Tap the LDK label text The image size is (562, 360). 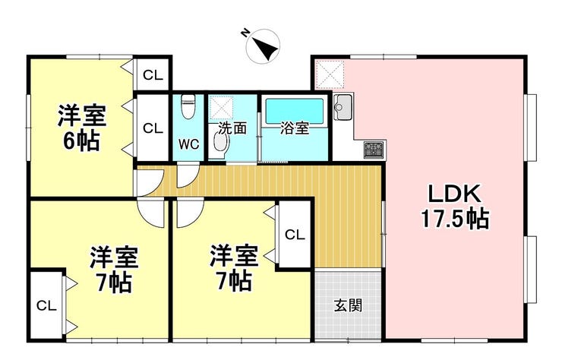click(x=455, y=194)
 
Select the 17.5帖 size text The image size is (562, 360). click(x=455, y=219)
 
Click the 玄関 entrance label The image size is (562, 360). click(x=348, y=305)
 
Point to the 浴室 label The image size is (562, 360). click(x=295, y=128)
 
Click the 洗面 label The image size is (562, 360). click(x=232, y=128)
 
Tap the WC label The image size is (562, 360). click(x=189, y=144)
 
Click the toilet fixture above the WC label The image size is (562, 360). click(x=188, y=106)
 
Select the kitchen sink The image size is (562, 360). click(x=343, y=106)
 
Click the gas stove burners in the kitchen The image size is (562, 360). click(x=374, y=150)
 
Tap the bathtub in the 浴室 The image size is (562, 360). click(x=294, y=111)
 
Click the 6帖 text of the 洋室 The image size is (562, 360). click(x=82, y=142)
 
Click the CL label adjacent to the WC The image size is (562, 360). click(x=153, y=128)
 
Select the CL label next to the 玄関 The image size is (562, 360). click(x=295, y=235)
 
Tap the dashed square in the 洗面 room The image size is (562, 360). click(x=222, y=107)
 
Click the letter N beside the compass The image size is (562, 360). click(x=245, y=33)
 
